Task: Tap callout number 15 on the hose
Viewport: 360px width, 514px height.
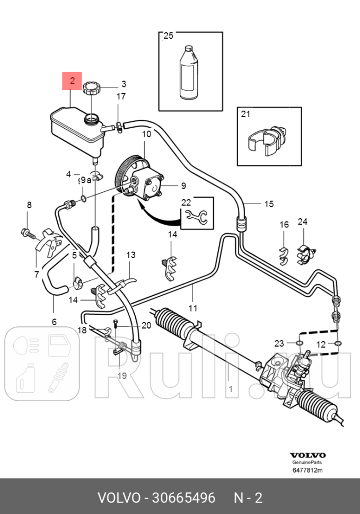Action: [x=269, y=203]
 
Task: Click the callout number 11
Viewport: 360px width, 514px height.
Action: [x=193, y=308]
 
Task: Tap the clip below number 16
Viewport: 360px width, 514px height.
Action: [x=284, y=254]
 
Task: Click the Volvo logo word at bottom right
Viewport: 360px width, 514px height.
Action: [x=308, y=455]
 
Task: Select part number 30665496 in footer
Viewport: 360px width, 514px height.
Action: [x=183, y=498]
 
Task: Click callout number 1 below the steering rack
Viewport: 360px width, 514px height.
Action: [x=230, y=389]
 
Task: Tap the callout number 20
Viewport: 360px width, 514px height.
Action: [x=146, y=325]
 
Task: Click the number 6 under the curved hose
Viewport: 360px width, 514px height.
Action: [x=54, y=321]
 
